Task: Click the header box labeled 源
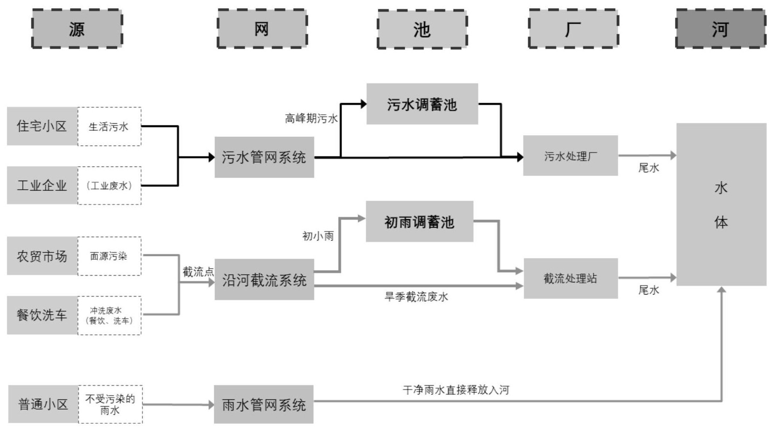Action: pos(77,29)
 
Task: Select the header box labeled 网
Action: pos(262,29)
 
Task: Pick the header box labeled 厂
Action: pos(573,29)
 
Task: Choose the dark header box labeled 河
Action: pos(721,29)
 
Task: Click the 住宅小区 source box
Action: pos(42,126)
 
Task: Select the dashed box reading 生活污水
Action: pos(109,127)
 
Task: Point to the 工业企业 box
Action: pos(42,185)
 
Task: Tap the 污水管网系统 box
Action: pos(264,157)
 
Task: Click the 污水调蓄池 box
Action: pos(422,104)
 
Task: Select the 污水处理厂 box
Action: pos(570,156)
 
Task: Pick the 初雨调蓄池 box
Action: pos(419,222)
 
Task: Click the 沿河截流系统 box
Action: pos(264,279)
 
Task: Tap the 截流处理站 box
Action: pos(570,279)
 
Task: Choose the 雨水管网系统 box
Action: pos(264,404)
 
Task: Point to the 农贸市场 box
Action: pos(42,256)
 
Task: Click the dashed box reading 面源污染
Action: pos(109,256)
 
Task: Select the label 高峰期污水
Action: pos(311,119)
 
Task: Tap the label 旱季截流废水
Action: pos(416,297)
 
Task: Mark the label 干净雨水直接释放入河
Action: pos(456,390)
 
